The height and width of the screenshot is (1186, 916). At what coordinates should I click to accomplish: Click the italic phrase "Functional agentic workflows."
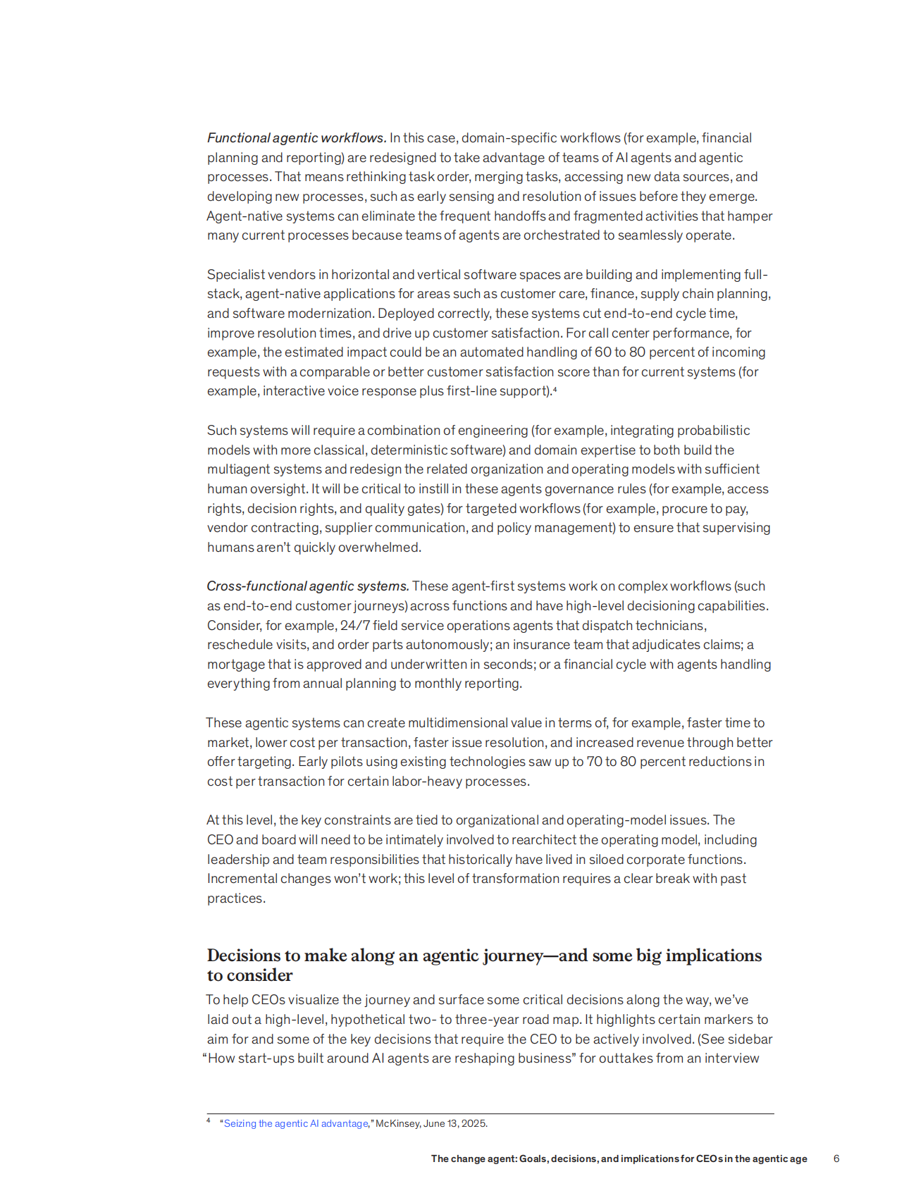296,138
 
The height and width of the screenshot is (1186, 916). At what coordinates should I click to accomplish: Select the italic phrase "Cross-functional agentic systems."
307,586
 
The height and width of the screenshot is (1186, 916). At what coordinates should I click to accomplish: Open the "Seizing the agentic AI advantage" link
295,1123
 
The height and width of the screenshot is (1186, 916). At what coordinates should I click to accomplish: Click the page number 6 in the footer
836,1159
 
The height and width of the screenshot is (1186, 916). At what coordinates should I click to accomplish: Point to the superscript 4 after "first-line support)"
555,389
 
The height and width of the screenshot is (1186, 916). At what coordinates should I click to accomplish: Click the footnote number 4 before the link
209,1120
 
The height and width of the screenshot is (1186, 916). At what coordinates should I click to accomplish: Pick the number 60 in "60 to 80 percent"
604,352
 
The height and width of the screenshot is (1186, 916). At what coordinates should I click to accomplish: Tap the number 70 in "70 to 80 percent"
594,762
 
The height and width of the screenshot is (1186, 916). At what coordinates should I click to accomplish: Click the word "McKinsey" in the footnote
397,1123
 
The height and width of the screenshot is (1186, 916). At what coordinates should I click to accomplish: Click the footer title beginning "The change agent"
619,1159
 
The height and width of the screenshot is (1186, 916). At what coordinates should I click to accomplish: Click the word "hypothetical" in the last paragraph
368,1020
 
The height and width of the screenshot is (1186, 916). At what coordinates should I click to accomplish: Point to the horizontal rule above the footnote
490,1113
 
